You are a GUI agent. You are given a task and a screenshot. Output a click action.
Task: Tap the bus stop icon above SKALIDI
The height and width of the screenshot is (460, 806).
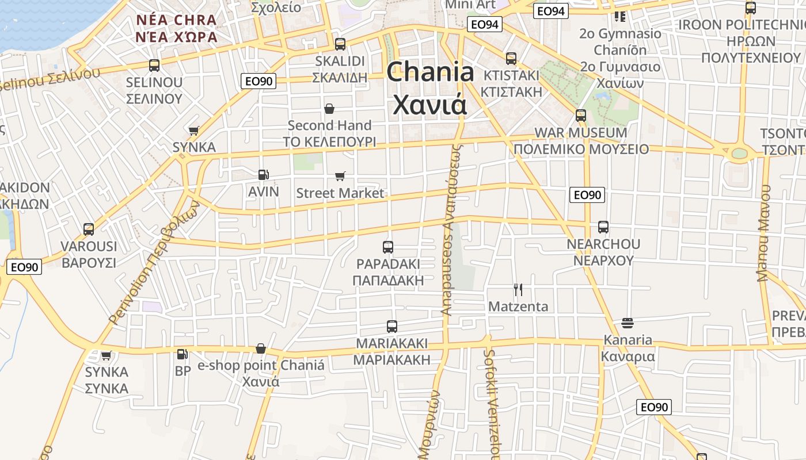pyautogui.click(x=340, y=44)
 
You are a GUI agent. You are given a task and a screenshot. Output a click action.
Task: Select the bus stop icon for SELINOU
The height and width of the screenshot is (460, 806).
pyautogui.click(x=154, y=66)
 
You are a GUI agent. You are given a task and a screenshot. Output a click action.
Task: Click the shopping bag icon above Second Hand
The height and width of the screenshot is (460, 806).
pyautogui.click(x=329, y=109)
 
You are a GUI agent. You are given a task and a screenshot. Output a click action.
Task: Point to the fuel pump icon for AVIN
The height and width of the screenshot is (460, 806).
pyautogui.click(x=263, y=175)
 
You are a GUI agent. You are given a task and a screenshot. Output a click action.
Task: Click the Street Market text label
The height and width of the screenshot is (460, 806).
pyautogui.click(x=340, y=193)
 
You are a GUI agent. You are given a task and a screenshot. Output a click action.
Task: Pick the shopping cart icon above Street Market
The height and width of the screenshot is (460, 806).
pyautogui.click(x=340, y=176)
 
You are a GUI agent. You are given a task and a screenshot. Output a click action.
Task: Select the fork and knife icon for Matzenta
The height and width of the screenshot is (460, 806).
pyautogui.click(x=518, y=290)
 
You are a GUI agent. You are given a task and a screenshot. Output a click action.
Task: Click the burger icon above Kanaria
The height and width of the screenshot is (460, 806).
pyautogui.click(x=628, y=323)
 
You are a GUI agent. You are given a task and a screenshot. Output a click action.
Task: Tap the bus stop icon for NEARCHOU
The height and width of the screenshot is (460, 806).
pyautogui.click(x=603, y=227)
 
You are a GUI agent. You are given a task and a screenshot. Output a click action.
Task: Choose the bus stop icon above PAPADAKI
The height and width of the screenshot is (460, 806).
pyautogui.click(x=388, y=247)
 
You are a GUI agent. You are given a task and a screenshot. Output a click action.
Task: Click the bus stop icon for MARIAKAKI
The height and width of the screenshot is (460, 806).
pyautogui.click(x=392, y=327)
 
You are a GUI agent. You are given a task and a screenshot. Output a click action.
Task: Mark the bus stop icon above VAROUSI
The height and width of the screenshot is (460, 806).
pyautogui.click(x=89, y=229)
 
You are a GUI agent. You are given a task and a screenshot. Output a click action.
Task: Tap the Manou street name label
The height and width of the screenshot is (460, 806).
pyautogui.click(x=763, y=233)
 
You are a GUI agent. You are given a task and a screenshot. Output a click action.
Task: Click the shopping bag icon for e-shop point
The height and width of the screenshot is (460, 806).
pyautogui.click(x=261, y=348)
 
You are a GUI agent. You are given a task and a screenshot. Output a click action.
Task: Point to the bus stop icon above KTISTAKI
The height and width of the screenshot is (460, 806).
pyautogui.click(x=511, y=59)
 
